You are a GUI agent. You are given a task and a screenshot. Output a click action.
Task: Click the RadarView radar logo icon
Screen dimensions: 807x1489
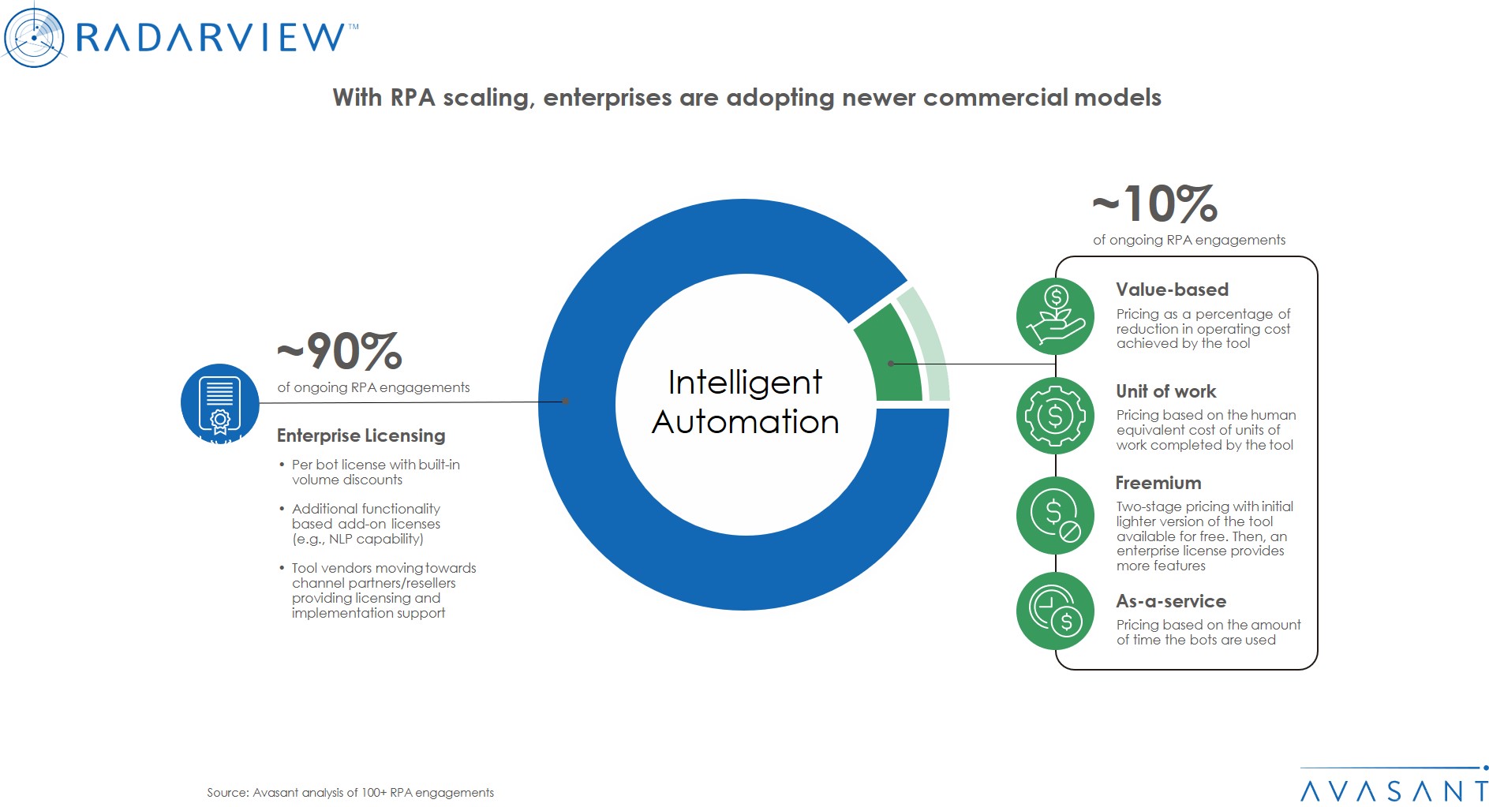click(x=33, y=36)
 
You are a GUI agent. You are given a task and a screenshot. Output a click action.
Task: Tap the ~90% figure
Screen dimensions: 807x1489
click(x=340, y=351)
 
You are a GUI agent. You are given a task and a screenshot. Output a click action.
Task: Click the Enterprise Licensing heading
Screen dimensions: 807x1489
click(x=361, y=435)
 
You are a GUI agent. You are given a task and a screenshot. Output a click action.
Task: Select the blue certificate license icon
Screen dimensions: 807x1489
click(x=220, y=403)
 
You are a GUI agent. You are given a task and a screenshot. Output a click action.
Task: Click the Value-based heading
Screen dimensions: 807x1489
click(x=1172, y=290)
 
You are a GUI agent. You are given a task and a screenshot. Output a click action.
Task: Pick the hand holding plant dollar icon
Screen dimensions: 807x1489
click(x=1055, y=316)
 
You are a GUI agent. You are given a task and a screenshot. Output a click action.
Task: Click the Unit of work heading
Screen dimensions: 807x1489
click(x=1165, y=391)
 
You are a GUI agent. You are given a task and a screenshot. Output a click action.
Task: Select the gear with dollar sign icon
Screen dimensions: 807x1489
click(x=1055, y=416)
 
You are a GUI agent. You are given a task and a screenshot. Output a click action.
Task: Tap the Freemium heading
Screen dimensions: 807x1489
click(x=1158, y=483)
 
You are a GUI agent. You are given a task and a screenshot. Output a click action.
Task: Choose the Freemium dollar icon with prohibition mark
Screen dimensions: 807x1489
click(x=1055, y=515)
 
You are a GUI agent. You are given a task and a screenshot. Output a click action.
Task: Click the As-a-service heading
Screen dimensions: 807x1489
click(x=1170, y=601)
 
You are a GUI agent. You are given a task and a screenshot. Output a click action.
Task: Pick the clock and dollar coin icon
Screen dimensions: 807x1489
click(x=1055, y=611)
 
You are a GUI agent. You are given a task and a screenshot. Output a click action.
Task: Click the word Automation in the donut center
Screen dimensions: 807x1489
click(x=745, y=422)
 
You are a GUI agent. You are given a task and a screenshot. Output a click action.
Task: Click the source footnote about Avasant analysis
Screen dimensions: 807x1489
click(x=350, y=792)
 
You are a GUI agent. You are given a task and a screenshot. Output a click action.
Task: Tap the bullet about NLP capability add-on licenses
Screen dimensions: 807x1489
click(x=365, y=524)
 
